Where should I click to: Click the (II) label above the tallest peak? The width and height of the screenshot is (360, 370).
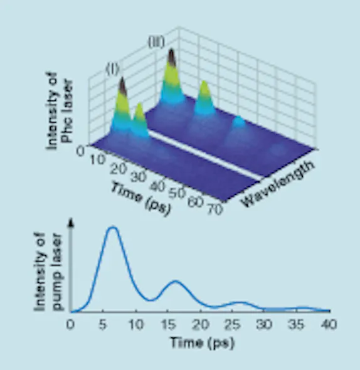tap(156, 43)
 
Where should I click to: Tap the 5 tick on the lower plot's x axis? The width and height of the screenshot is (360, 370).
tap(103, 324)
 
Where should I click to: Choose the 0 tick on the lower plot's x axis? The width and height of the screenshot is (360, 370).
tap(71, 324)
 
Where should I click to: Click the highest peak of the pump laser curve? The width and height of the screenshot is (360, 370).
tap(113, 228)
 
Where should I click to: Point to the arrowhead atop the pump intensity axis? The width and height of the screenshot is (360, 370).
tap(71, 221)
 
